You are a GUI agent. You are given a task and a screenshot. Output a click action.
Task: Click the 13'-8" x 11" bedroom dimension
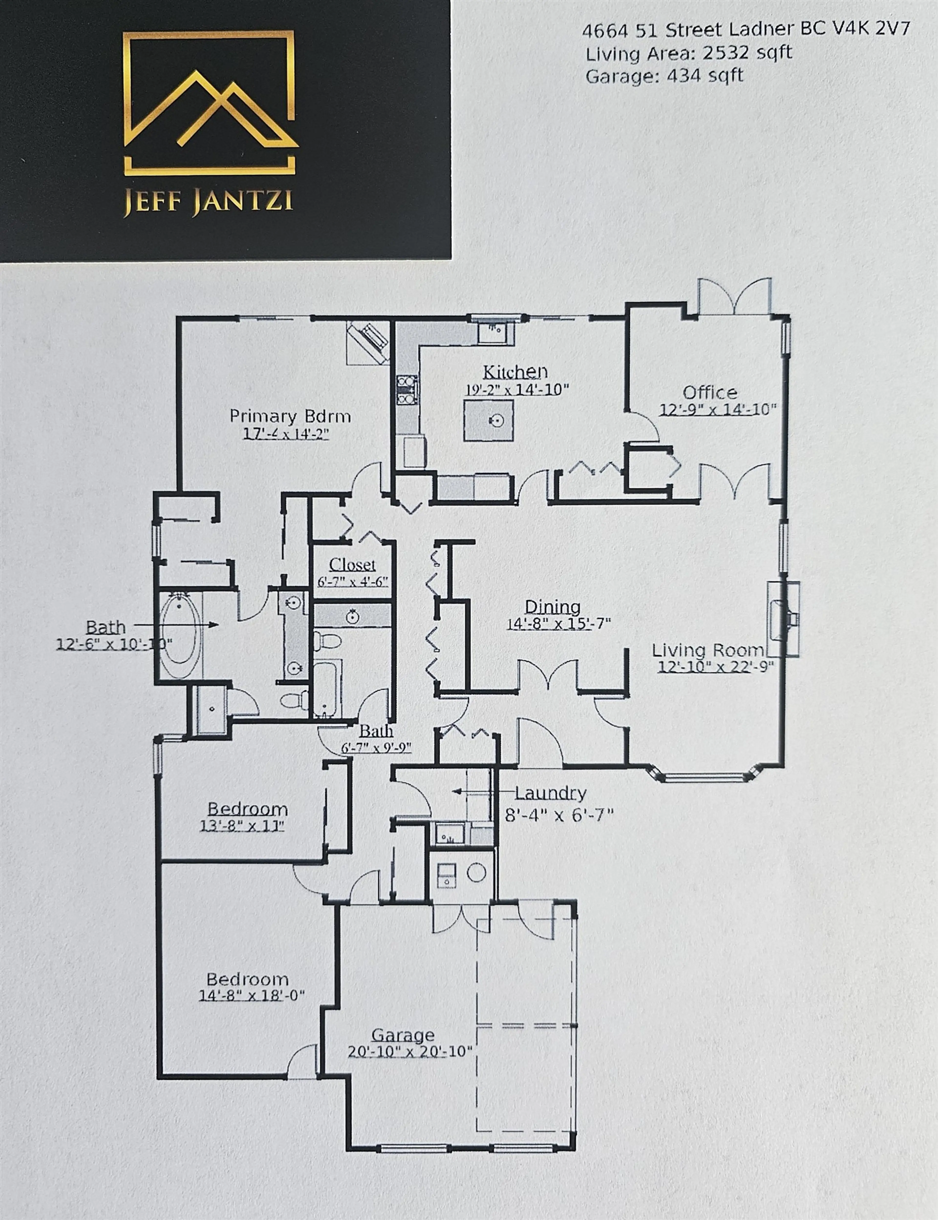click(x=242, y=825)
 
